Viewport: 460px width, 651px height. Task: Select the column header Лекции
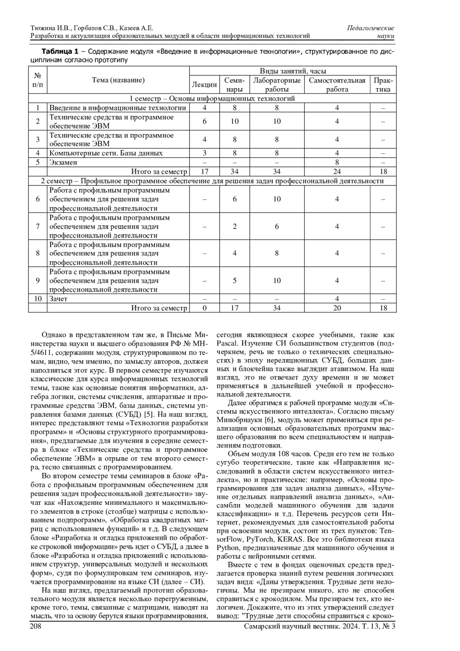(204, 84)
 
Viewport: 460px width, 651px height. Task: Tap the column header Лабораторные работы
(277, 85)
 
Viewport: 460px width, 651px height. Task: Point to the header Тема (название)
(118, 80)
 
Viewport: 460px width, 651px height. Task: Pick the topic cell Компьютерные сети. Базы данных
(106, 153)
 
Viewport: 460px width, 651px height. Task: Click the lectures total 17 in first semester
(204, 171)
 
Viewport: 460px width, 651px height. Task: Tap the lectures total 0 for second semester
(204, 308)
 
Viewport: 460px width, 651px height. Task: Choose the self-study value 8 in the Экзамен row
(337, 162)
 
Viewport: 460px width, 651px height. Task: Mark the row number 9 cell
(38, 281)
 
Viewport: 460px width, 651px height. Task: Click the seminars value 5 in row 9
(235, 281)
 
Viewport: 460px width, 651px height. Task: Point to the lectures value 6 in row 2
(204, 121)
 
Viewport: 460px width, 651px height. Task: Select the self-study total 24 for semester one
(337, 171)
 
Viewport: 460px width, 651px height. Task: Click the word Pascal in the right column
(227, 343)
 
